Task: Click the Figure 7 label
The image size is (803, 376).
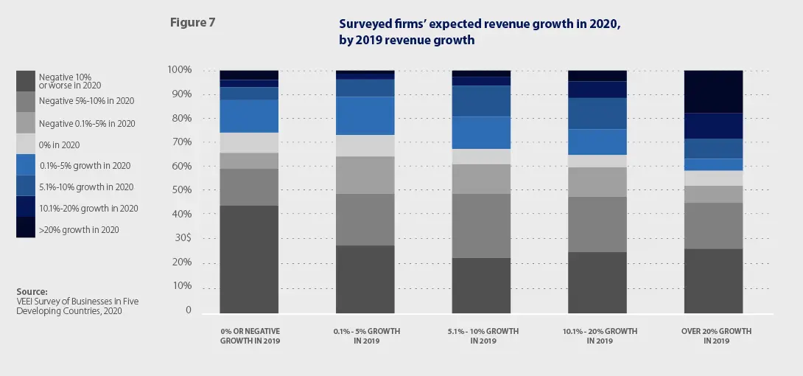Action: tap(192, 22)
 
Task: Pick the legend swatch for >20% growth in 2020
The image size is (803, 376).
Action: tap(26, 229)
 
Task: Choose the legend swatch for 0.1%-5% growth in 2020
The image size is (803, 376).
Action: tap(26, 165)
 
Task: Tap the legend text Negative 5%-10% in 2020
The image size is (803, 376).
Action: tap(86, 100)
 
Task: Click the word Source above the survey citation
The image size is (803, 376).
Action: tap(32, 291)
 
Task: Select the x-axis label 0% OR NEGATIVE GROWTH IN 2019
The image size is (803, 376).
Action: tap(250, 336)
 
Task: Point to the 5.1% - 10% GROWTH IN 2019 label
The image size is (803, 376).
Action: tap(483, 336)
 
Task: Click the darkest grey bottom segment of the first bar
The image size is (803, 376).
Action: tap(249, 259)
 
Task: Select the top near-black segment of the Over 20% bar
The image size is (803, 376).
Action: tap(714, 91)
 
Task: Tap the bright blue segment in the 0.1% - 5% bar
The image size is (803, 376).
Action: tap(365, 116)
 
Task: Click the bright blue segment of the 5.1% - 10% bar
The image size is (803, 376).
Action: tap(482, 133)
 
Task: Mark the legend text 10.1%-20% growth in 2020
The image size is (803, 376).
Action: tap(88, 209)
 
